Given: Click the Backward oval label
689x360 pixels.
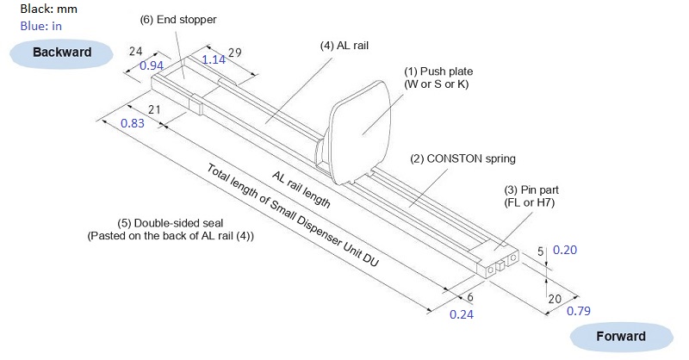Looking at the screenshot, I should [x=62, y=53].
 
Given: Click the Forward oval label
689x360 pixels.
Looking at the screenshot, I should [x=621, y=336].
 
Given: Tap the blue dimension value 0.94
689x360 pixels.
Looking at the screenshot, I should [x=152, y=65].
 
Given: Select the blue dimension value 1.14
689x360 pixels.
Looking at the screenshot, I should [x=213, y=59].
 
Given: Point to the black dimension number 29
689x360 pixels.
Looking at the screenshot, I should [x=234, y=53].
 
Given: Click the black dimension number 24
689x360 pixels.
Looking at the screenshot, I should [x=134, y=52].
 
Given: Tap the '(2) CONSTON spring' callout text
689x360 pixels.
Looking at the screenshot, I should [x=462, y=158].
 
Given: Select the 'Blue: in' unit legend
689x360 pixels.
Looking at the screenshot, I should [x=40, y=26].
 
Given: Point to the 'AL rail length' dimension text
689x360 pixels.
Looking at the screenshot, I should [x=301, y=189].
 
